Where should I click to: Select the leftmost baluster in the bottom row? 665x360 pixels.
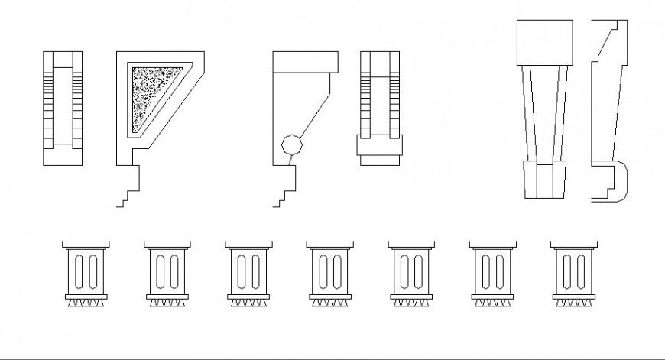[x=86, y=271]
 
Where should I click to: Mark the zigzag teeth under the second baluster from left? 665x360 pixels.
[x=167, y=303]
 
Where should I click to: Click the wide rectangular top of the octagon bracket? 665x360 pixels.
[x=305, y=61]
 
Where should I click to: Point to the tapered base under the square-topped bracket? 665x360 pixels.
[x=544, y=180]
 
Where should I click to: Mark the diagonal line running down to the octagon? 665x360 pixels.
[x=313, y=115]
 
